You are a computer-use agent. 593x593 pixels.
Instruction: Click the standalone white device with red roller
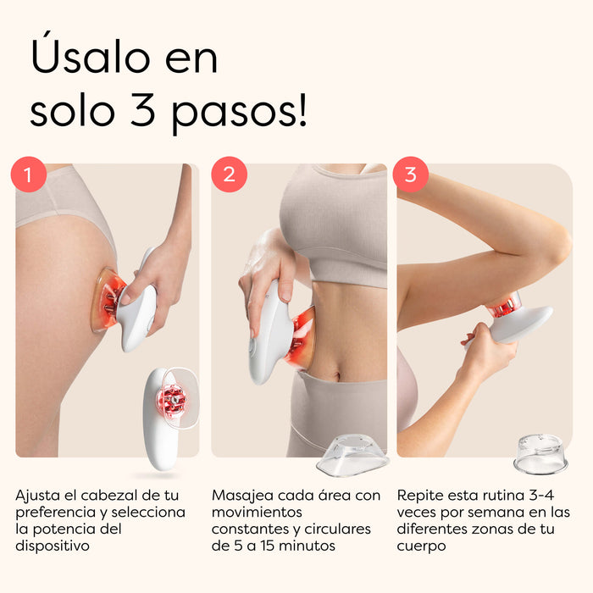tap(165, 415)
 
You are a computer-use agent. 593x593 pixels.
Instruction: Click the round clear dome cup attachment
tap(540, 454)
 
